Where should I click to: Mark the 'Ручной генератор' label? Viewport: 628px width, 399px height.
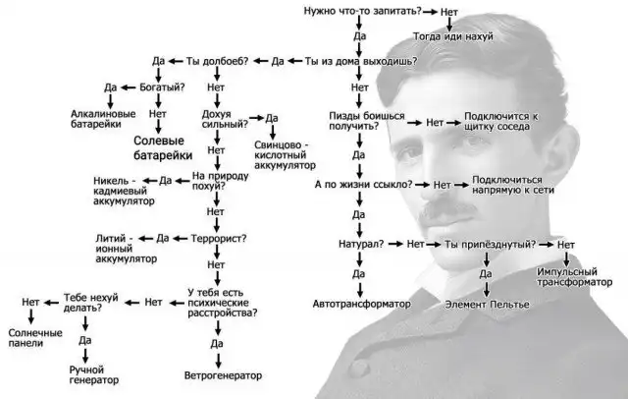94,374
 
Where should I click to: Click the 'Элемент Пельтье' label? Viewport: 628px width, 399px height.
488,305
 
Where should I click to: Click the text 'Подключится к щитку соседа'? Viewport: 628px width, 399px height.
501,121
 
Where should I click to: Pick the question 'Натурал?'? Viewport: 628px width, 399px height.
359,243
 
